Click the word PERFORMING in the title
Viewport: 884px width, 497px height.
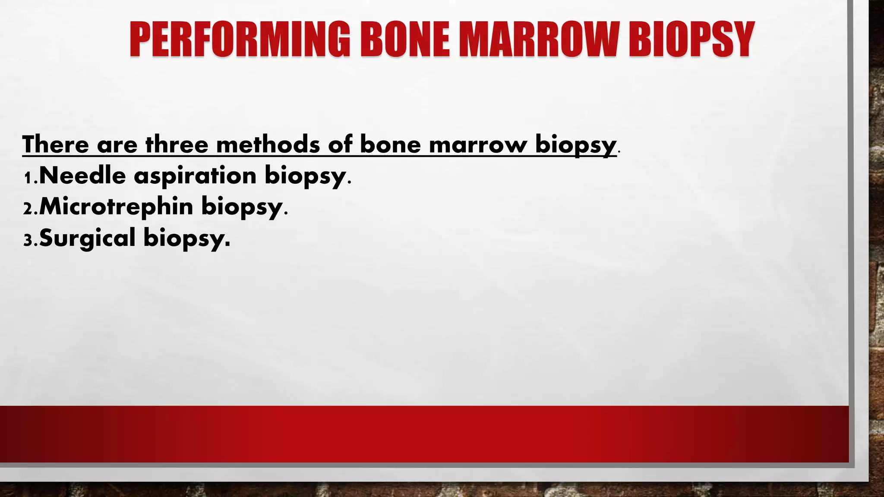point(240,40)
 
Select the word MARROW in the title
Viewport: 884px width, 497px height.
point(539,40)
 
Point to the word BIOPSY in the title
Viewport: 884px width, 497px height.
point(691,40)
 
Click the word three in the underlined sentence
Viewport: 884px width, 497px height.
point(177,144)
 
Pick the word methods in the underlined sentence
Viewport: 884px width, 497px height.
point(268,144)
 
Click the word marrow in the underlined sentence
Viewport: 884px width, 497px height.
point(478,144)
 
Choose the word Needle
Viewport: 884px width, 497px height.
point(82,176)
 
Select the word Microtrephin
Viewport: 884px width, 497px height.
point(116,207)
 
